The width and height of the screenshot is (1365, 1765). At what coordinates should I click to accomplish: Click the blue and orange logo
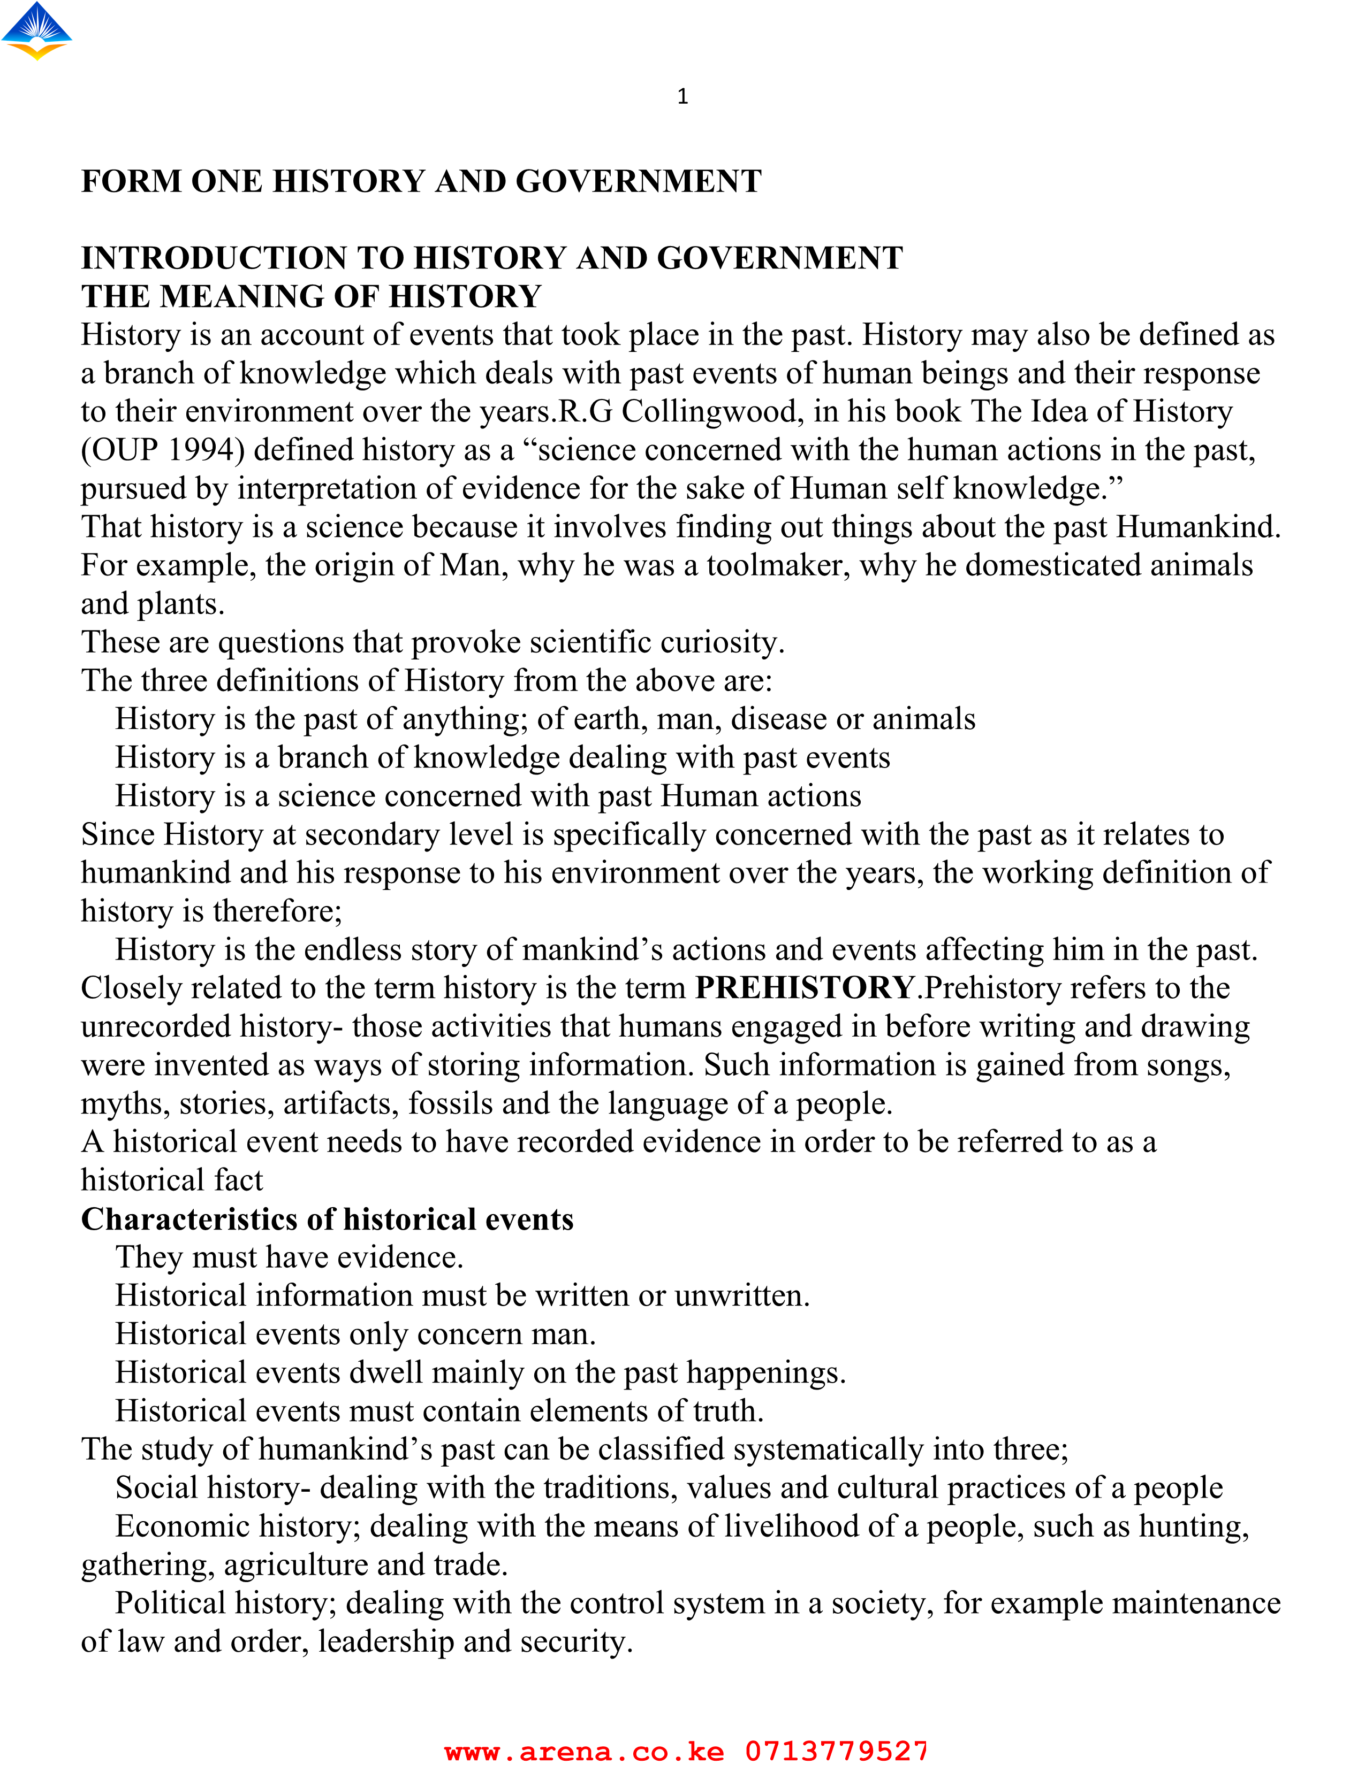click(36, 30)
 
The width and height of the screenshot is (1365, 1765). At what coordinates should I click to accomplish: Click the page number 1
click(682, 97)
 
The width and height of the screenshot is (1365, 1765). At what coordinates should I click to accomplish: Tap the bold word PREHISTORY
click(805, 987)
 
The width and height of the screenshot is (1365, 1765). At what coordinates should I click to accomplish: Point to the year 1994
click(206, 450)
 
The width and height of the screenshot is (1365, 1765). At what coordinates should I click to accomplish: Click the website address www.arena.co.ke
click(584, 1751)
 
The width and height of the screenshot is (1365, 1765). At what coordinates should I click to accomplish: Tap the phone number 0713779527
click(836, 1751)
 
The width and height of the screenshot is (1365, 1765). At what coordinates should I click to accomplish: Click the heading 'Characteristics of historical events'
click(328, 1219)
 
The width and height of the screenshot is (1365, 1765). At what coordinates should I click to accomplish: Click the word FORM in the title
click(131, 181)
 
